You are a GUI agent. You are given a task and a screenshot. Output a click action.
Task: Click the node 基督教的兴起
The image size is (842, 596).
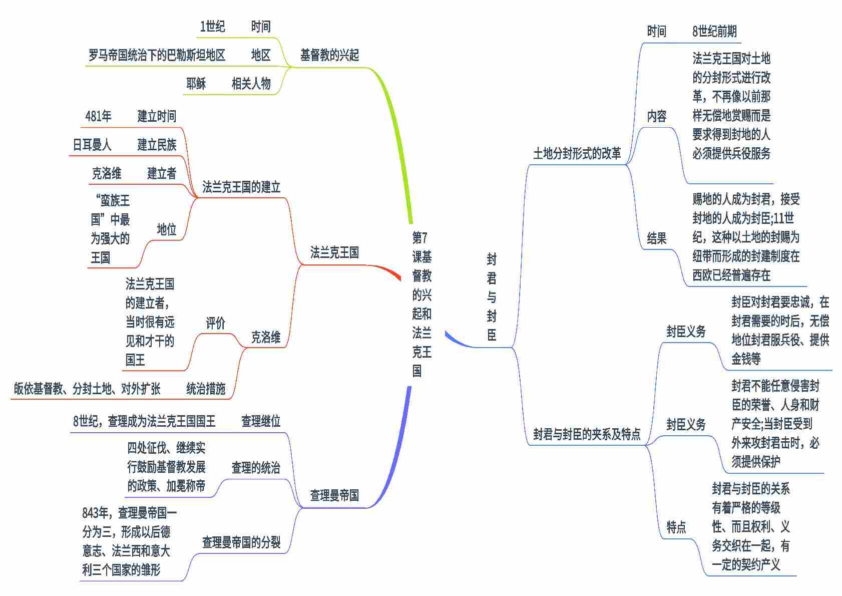(329, 55)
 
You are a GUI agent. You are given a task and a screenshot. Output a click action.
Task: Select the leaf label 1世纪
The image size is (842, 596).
(212, 27)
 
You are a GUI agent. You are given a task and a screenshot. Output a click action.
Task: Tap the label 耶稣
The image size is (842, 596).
(196, 84)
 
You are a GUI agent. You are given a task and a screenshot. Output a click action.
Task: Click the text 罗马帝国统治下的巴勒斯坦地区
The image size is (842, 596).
(157, 55)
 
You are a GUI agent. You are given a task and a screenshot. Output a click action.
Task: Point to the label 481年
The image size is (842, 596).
(98, 117)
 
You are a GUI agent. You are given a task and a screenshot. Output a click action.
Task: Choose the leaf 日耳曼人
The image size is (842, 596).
(92, 145)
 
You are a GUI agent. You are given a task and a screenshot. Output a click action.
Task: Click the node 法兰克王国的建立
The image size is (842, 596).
(241, 187)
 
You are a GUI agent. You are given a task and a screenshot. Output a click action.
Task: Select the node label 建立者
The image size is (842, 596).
(162, 174)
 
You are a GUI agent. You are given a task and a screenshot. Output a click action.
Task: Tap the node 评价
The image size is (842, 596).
(216, 324)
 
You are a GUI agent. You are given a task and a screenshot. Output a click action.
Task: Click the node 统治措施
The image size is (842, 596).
(206, 389)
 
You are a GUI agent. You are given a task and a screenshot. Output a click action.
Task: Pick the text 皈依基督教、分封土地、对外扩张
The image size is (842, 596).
(87, 389)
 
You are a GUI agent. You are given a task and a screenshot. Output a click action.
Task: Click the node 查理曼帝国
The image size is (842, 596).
(334, 496)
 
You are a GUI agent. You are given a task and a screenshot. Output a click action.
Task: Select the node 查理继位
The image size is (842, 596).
(261, 421)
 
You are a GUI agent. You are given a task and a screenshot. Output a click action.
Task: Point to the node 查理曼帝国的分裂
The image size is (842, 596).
(241, 542)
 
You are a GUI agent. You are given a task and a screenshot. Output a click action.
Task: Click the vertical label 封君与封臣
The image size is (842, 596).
(492, 297)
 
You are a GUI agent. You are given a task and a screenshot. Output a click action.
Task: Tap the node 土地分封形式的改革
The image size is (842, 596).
(577, 154)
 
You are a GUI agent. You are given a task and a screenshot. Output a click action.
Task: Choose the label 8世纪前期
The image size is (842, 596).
(714, 32)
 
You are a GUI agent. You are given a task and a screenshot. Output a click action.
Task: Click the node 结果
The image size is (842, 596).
(656, 238)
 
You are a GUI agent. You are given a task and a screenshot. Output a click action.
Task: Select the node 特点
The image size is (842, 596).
(676, 527)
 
